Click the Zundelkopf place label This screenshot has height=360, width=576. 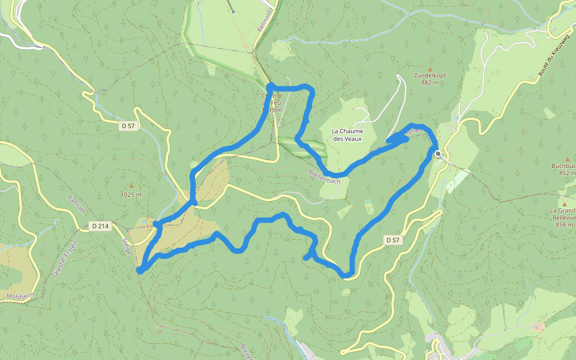pyautogui.click(x=430, y=76)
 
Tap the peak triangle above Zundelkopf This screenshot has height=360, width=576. pyautogui.click(x=430, y=61)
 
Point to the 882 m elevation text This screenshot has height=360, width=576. pyautogui.click(x=430, y=83)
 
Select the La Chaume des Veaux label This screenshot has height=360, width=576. pyautogui.click(x=347, y=134)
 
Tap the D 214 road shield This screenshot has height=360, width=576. pyautogui.click(x=100, y=226)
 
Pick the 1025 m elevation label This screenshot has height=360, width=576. pyautogui.click(x=131, y=195)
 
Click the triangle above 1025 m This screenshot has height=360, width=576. pyautogui.click(x=131, y=185)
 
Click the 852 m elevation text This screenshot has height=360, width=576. pyautogui.click(x=566, y=173)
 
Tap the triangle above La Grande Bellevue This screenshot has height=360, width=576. pyautogui.click(x=565, y=196)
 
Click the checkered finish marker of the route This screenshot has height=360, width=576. pyautogui.click(x=439, y=154)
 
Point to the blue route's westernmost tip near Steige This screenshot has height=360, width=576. pyautogui.click(x=140, y=271)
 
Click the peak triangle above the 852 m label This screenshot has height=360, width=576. pyautogui.click(x=567, y=159)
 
